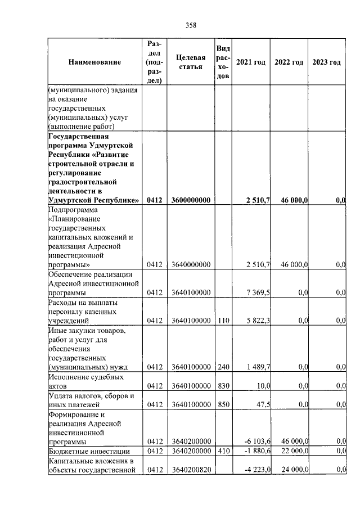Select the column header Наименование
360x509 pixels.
(94, 62)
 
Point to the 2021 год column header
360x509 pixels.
(250, 62)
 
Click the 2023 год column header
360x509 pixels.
(326, 62)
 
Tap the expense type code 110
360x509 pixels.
(223, 321)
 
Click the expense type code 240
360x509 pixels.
(223, 367)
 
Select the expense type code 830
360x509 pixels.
(223, 386)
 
